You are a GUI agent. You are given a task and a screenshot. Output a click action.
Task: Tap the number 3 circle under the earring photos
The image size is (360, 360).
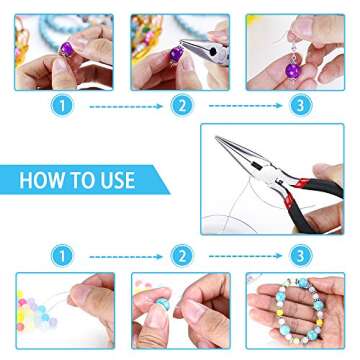tap(298, 103)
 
